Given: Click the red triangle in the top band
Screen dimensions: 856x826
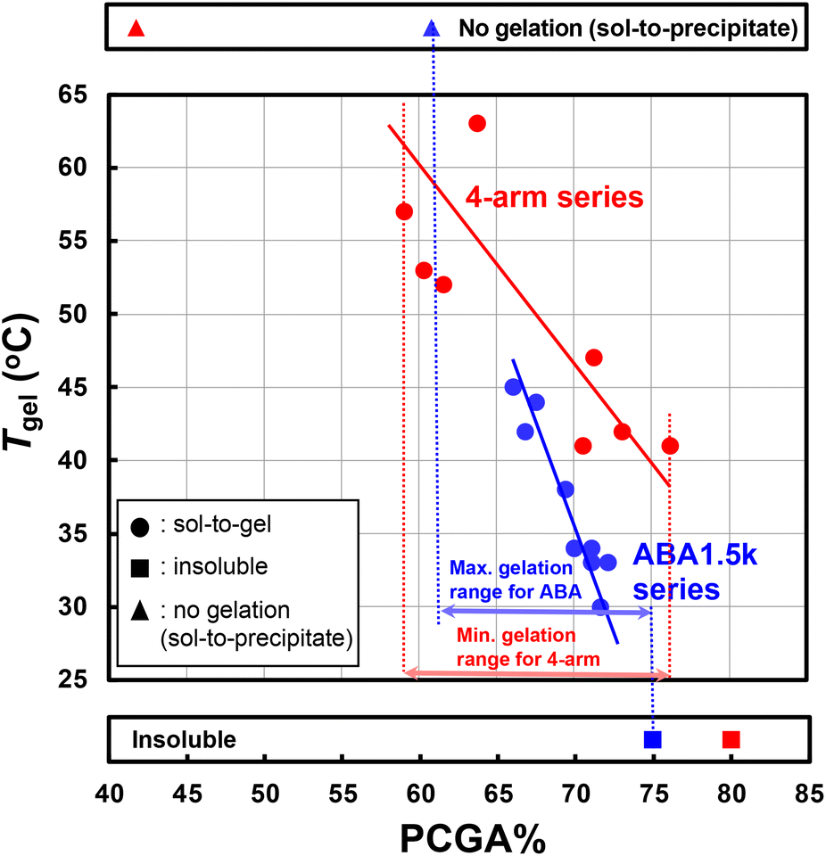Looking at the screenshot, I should (136, 29).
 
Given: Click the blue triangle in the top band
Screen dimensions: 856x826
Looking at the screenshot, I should (432, 29).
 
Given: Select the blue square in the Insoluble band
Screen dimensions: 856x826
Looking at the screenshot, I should (653, 739).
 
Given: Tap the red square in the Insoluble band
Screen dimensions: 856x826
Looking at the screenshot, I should (731, 739).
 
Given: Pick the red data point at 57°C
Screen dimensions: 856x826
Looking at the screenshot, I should (404, 211).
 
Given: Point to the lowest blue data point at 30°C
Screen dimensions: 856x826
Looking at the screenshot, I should (600, 606).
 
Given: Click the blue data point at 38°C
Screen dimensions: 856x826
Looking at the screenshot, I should (566, 490).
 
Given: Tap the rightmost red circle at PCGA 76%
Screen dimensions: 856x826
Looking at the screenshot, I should (670, 446).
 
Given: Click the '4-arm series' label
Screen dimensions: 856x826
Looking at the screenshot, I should (555, 197).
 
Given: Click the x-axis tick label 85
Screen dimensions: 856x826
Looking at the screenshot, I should (808, 794).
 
